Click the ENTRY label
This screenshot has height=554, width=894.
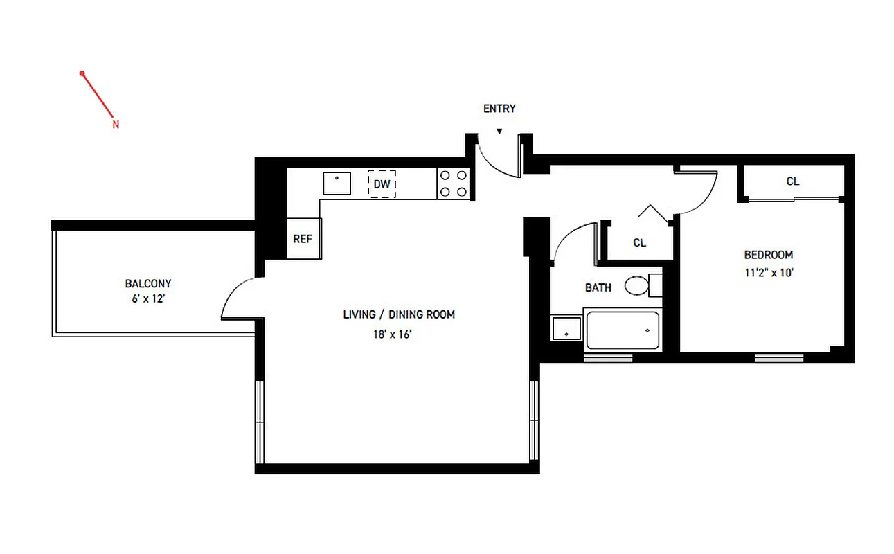499,109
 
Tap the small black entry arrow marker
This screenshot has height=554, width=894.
499,131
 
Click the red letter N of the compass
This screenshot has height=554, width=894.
116,125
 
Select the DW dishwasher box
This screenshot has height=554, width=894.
382,184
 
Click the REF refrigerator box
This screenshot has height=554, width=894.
303,240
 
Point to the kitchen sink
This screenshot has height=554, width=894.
337,184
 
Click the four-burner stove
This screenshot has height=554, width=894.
454,184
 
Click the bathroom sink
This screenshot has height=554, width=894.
567,328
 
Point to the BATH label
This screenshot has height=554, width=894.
598,287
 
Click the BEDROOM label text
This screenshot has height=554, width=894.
769,255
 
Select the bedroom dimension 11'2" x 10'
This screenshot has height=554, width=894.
769,273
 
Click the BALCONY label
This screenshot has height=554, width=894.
148,283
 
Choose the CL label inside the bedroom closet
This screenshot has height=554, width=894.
793,181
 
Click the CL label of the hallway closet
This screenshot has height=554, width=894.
640,243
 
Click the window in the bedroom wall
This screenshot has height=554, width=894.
778,357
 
